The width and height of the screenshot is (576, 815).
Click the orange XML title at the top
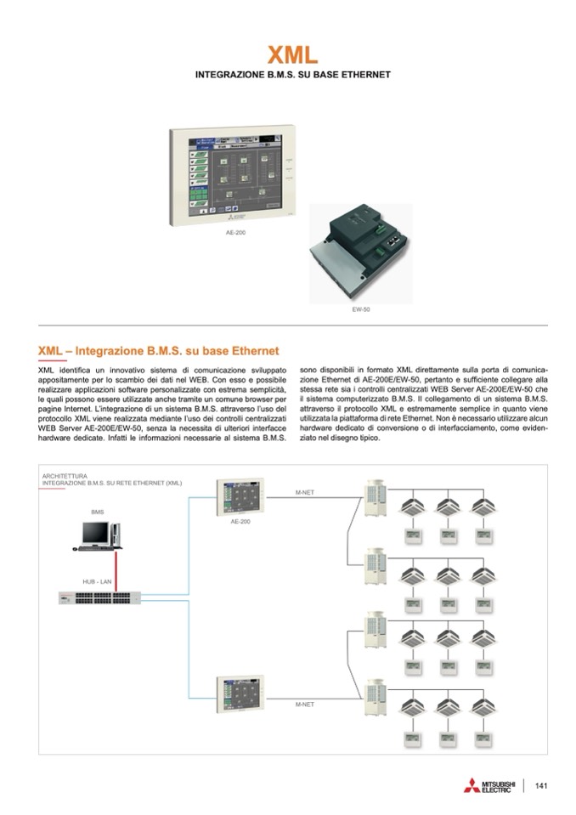click(x=293, y=55)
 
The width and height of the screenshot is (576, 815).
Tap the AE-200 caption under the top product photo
click(x=236, y=232)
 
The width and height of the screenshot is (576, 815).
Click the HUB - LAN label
click(x=97, y=580)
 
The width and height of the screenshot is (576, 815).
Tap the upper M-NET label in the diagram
click(x=306, y=493)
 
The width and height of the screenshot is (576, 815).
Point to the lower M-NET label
click(x=306, y=705)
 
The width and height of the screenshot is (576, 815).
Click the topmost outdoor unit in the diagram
click(x=375, y=495)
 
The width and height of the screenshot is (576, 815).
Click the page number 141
click(x=540, y=785)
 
